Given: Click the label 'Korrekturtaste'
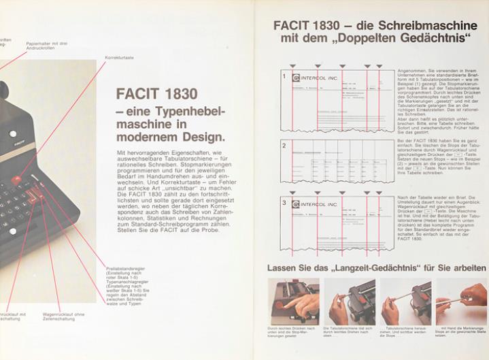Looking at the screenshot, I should click(x=118, y=59).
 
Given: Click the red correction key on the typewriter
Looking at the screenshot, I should click(x=16, y=180).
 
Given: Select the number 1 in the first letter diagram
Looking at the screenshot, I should click(x=284, y=76).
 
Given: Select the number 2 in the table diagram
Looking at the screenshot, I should click(x=284, y=144).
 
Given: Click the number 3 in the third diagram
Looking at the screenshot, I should click(x=284, y=203).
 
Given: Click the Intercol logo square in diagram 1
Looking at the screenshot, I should click(x=295, y=78).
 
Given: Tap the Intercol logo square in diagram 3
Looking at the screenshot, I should click(x=295, y=204).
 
